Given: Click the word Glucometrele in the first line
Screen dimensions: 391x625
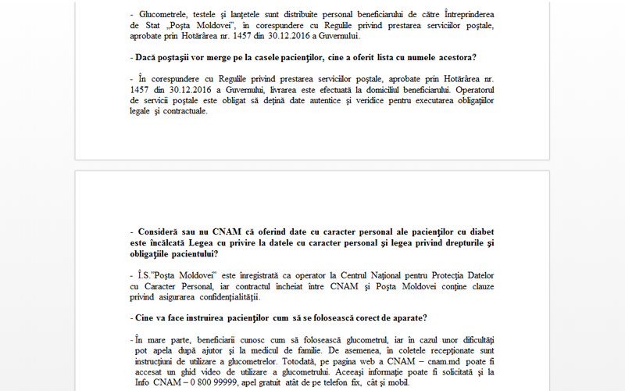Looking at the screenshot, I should tap(164, 14).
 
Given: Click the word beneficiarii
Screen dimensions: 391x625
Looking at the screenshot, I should tap(220, 340).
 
